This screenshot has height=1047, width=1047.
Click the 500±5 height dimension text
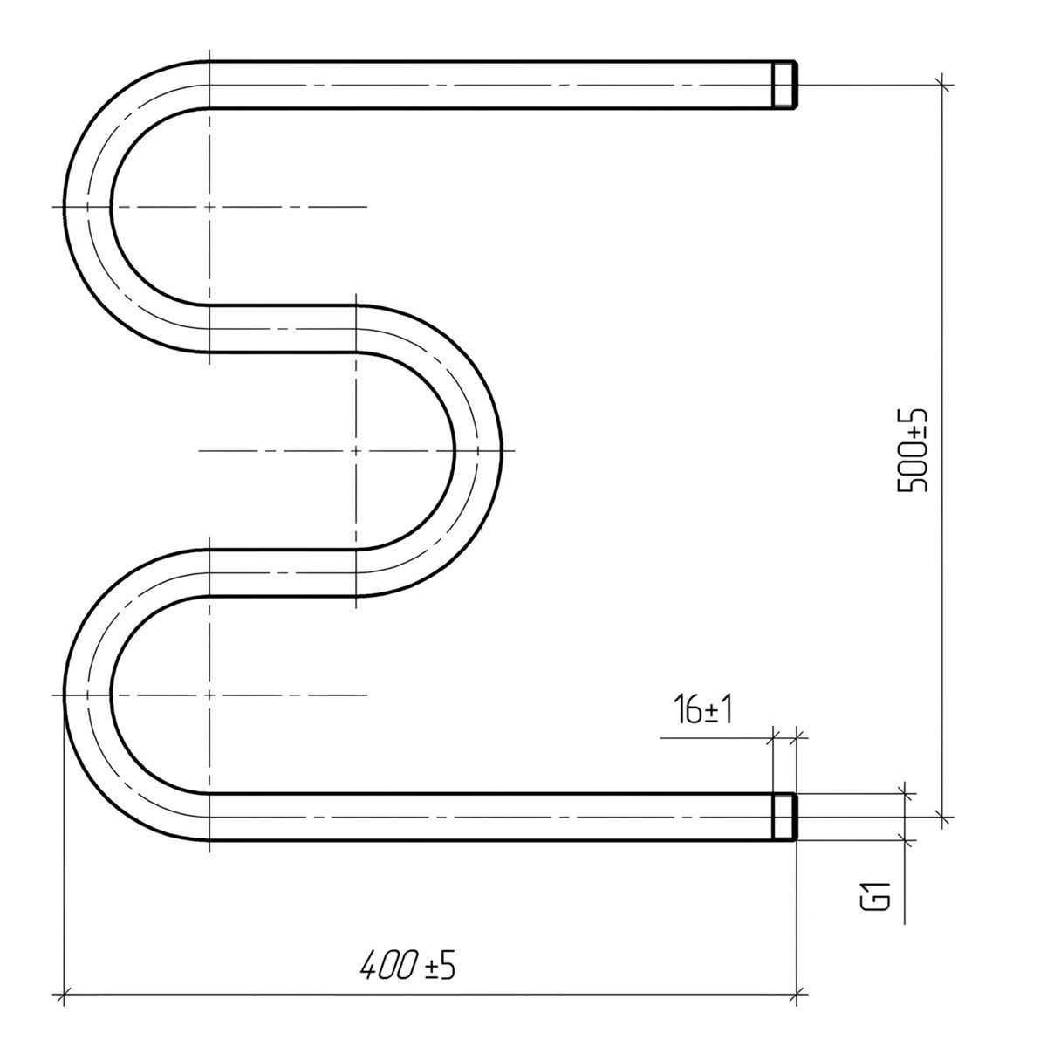point(911,450)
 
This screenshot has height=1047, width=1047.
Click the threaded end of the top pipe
point(784,85)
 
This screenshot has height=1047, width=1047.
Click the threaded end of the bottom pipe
point(784,817)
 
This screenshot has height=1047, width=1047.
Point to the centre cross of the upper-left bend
point(209,207)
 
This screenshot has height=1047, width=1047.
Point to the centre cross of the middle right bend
point(356,450)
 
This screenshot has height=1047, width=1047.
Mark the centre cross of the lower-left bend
point(209,695)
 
